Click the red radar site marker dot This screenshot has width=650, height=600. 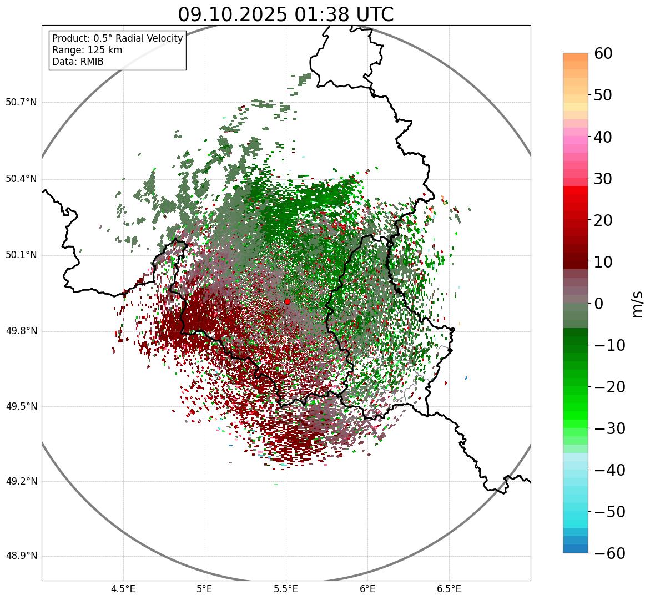point(287,301)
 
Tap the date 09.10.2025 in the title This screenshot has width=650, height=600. point(233,14)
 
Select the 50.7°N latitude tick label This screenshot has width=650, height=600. point(21,102)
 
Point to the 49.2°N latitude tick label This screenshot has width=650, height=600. point(21,481)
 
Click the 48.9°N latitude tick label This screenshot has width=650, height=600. point(21,556)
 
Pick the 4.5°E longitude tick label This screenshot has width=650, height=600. point(123,588)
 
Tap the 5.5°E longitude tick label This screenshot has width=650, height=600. point(286,588)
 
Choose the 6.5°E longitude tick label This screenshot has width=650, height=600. point(449,588)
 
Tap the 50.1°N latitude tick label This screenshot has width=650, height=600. point(21,255)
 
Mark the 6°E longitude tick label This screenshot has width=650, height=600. point(367,588)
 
